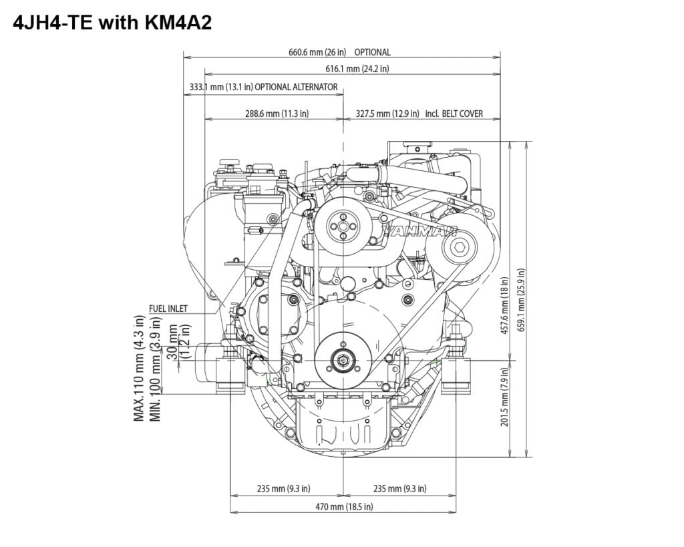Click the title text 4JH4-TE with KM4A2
(112, 23)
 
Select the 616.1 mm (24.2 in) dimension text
(357, 69)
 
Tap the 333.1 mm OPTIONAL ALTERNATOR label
(263, 87)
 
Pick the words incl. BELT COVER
(454, 114)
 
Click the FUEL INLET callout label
(168, 309)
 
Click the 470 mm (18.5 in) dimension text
(343, 507)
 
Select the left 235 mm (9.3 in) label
(283, 489)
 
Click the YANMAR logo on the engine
(419, 231)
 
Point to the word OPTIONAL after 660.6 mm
(372, 52)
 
